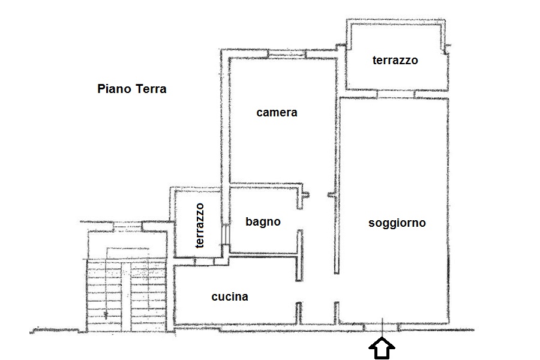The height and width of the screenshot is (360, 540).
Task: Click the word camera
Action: coord(277,113)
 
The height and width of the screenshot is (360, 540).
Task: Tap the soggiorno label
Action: coord(397,223)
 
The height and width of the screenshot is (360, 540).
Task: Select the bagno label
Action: coord(263,221)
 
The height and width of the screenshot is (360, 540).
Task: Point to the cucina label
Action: coord(230,296)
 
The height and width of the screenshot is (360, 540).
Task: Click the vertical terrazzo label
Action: coord(200,226)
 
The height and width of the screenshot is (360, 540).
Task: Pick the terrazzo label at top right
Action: coord(395,60)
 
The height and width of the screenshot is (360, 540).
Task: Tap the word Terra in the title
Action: coord(151,89)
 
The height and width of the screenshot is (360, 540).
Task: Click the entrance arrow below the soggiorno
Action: coord(382,348)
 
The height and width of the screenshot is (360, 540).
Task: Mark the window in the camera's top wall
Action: coord(287,54)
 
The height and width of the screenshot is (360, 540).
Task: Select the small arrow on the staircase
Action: coord(106,314)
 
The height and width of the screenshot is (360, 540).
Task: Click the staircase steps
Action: coord(126,296)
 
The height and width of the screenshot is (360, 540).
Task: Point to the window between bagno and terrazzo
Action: coord(225,234)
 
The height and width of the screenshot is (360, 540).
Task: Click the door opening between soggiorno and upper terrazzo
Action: coord(396,94)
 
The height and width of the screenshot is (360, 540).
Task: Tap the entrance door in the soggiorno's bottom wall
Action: coord(382,327)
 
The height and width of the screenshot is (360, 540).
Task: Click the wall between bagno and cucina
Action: coord(263,254)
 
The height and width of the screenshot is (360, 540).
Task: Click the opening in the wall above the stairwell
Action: coord(128,226)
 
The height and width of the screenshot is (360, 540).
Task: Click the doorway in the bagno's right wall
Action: coord(299,220)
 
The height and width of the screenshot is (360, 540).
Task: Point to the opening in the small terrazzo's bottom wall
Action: coord(205,262)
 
